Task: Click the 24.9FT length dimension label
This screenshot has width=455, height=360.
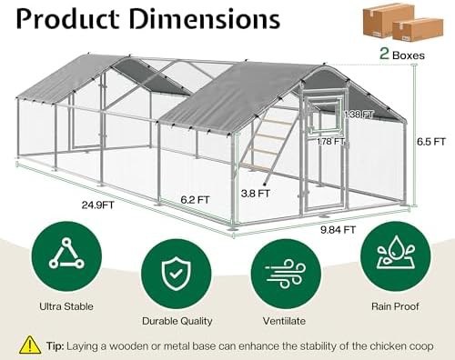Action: (97, 205)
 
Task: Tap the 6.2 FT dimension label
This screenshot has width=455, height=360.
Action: (195, 200)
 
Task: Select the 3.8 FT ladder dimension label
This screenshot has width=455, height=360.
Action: (255, 194)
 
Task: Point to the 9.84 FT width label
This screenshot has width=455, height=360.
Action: (338, 230)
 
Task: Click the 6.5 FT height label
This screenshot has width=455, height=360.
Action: (431, 142)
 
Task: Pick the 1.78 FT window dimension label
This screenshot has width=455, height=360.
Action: (330, 142)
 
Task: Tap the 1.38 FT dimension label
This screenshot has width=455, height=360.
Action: (359, 115)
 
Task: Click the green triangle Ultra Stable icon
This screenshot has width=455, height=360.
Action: (66, 256)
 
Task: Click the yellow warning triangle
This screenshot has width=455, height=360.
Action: (30, 345)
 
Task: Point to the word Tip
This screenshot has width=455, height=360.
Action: (55, 345)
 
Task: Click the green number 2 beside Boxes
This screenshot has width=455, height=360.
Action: (384, 54)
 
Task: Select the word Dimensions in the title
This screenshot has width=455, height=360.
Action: (205, 19)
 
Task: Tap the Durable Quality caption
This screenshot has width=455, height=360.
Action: (177, 321)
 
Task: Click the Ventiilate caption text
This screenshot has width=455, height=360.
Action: (284, 321)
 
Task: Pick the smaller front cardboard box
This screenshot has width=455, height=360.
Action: (418, 30)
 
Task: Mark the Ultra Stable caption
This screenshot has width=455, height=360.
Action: (66, 306)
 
